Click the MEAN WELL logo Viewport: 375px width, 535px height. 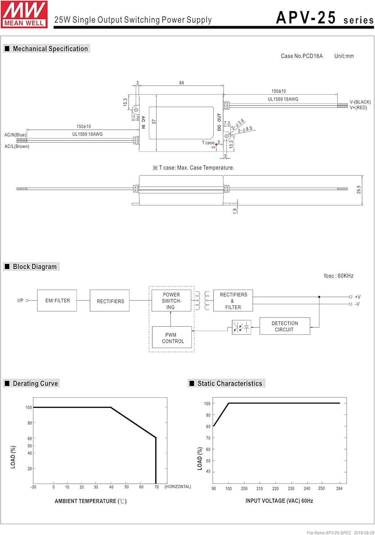[24, 14]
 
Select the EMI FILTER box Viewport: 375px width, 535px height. [57, 301]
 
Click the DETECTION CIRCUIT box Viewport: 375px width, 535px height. [284, 326]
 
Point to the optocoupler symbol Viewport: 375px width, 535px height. [241, 327]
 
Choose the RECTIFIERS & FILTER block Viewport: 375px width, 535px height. [233, 301]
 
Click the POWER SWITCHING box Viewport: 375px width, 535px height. [171, 301]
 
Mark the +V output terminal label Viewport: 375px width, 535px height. [358, 297]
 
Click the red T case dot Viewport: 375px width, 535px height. [216, 144]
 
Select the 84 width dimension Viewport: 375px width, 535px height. [181, 83]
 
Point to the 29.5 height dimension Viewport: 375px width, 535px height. [359, 189]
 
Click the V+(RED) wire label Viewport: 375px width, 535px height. [358, 108]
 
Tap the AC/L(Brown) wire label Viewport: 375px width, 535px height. [17, 146]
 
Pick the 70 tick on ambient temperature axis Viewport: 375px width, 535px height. [156, 487]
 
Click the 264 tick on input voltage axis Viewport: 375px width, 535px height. [339, 489]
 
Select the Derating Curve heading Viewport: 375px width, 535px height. [35, 383]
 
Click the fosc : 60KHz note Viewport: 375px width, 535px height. [339, 276]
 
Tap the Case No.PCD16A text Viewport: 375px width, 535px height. [302, 56]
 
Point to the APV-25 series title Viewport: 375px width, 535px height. [324, 18]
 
